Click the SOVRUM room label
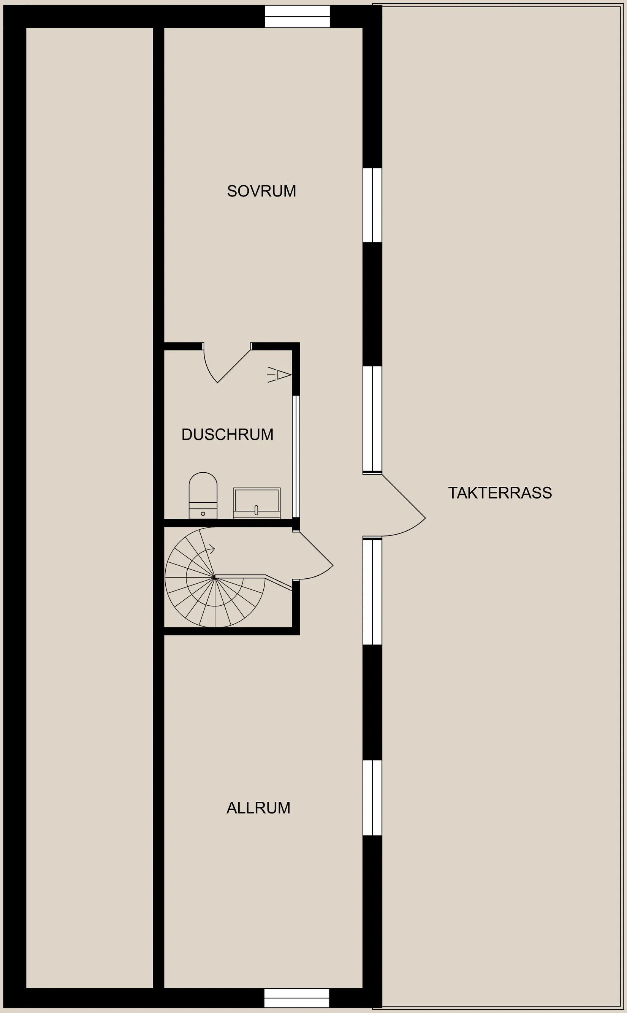[x=261, y=191]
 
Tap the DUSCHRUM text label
[x=227, y=435]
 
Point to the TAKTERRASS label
[x=500, y=492]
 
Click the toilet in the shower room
[x=203, y=495]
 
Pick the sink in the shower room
[x=256, y=503]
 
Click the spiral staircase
[x=215, y=577]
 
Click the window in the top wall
[x=297, y=17]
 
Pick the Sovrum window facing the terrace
[x=372, y=205]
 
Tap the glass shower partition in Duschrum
[x=296, y=457]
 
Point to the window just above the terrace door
[x=372, y=419]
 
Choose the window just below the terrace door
[x=372, y=591]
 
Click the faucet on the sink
[x=256, y=510]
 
